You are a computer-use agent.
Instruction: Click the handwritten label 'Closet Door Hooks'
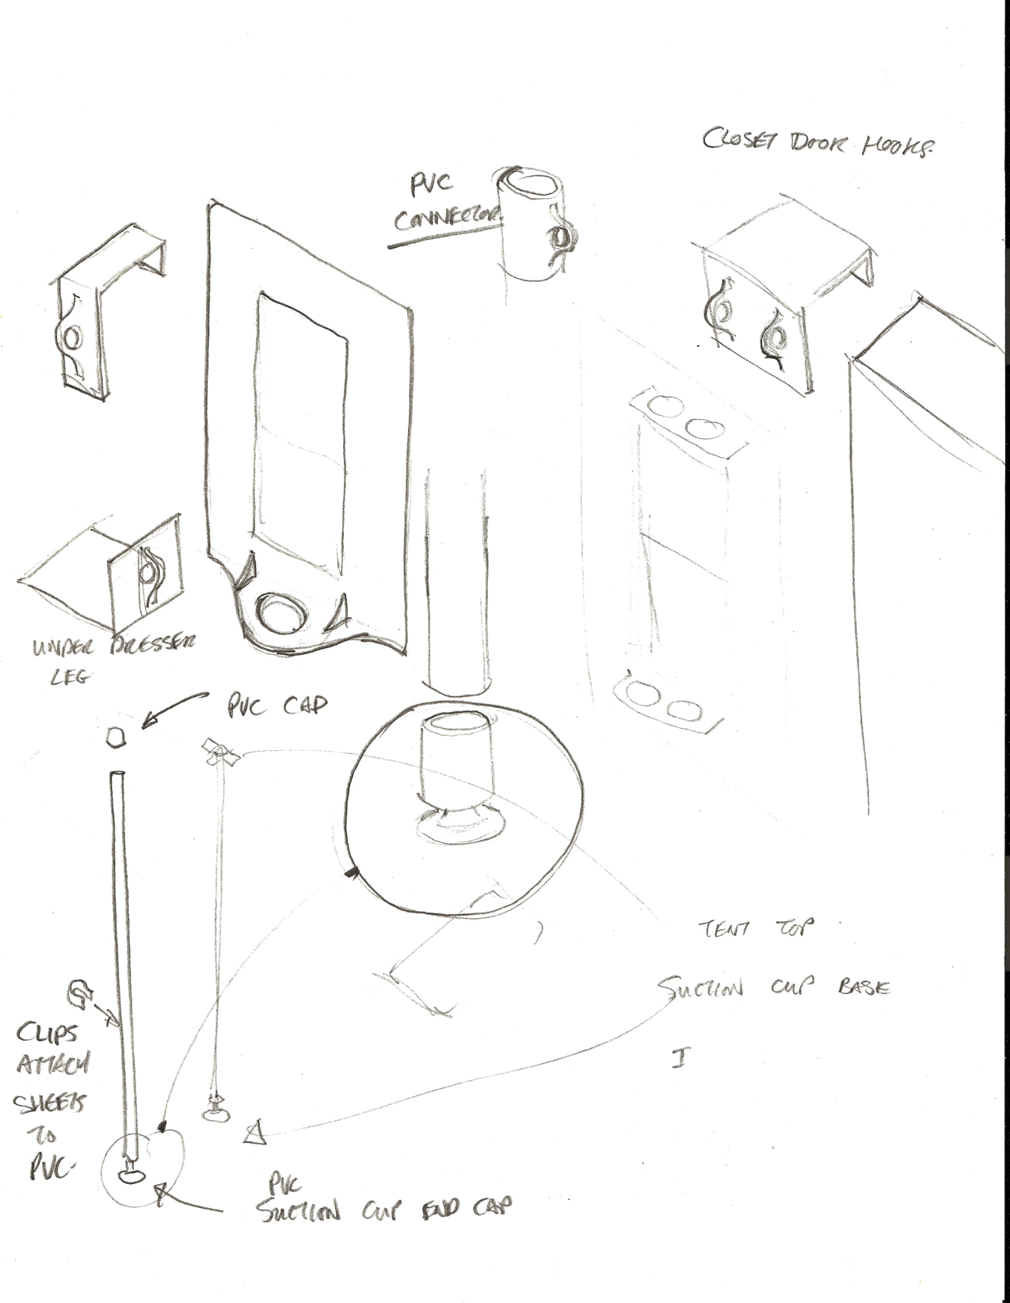(x=816, y=144)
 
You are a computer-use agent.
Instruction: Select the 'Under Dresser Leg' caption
(x=111, y=660)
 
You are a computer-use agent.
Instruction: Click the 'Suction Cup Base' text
(x=772, y=989)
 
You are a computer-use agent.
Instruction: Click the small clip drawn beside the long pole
(x=80, y=990)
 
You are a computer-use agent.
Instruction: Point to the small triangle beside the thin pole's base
(x=253, y=1133)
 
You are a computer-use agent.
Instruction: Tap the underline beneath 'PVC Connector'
(x=444, y=238)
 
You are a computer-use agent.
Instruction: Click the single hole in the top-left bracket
(x=71, y=338)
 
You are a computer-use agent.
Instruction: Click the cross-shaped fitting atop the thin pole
(x=221, y=753)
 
